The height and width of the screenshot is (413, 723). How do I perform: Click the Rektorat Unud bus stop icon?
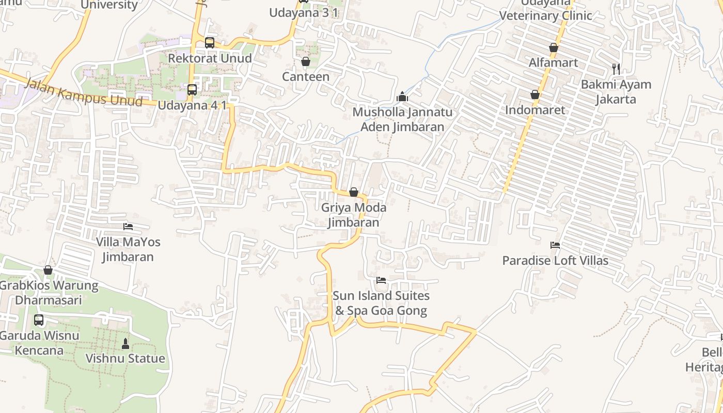tap(209, 43)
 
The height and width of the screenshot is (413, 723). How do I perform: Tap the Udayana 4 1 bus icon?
tap(192, 90)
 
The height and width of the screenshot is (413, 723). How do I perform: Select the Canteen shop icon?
tap(305, 62)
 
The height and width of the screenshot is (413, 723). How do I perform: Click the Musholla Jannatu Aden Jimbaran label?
tap(402, 119)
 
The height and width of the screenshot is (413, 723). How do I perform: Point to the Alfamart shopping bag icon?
tap(554, 48)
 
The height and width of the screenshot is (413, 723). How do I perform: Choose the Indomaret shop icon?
tap(535, 95)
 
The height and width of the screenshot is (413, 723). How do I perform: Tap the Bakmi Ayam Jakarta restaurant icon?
tap(616, 69)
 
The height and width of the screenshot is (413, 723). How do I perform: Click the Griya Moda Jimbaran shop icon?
tap(354, 193)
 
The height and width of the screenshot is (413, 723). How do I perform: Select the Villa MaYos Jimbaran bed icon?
tap(128, 227)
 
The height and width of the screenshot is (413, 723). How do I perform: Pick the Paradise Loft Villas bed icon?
tap(555, 245)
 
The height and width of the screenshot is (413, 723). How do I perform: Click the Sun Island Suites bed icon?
tap(381, 280)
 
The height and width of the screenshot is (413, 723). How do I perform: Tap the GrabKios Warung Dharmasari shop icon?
tap(48, 270)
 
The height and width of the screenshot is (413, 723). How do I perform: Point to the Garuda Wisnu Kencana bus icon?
tap(39, 320)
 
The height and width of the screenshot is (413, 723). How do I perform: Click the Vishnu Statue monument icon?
tap(125, 343)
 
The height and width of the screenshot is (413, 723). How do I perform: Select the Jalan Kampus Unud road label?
tap(83, 93)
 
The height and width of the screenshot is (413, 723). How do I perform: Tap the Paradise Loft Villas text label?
tap(555, 261)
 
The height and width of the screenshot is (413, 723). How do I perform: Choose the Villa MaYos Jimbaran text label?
tap(128, 249)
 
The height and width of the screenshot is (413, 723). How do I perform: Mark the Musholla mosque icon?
tap(402, 97)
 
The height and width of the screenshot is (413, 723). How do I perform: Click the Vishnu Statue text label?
tap(125, 358)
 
